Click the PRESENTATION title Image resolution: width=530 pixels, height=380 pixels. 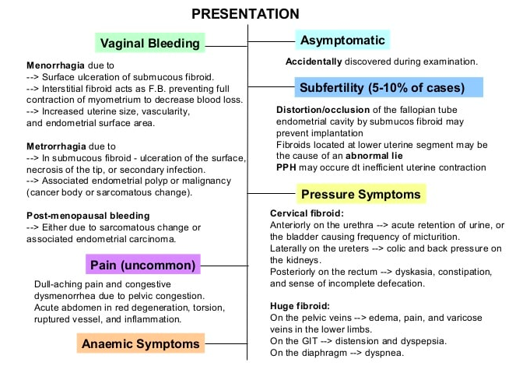[x=245, y=13]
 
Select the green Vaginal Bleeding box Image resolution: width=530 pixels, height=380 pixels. [x=150, y=44]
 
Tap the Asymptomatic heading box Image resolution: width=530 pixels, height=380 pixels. [x=341, y=40]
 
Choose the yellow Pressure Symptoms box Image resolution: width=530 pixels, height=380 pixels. [x=360, y=194]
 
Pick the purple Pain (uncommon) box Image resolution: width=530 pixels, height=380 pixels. [x=143, y=265]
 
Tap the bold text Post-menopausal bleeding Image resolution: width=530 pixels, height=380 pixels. [x=88, y=215]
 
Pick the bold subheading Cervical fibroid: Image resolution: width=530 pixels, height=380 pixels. [x=307, y=213]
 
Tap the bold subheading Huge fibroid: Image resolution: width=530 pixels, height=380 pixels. [x=300, y=306]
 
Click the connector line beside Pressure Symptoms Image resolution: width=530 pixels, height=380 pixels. [x=272, y=194]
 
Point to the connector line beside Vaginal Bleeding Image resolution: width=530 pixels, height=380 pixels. [x=226, y=44]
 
